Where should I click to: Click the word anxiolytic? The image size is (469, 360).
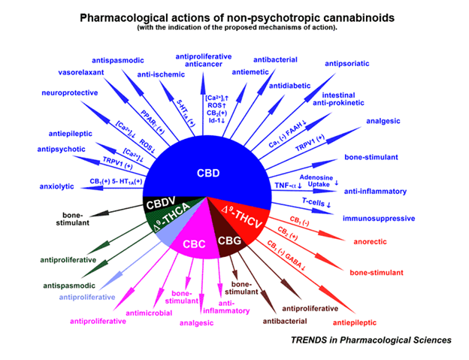pyautogui.click(x=57, y=186)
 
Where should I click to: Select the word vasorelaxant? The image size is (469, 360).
pyautogui.click(x=83, y=73)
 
